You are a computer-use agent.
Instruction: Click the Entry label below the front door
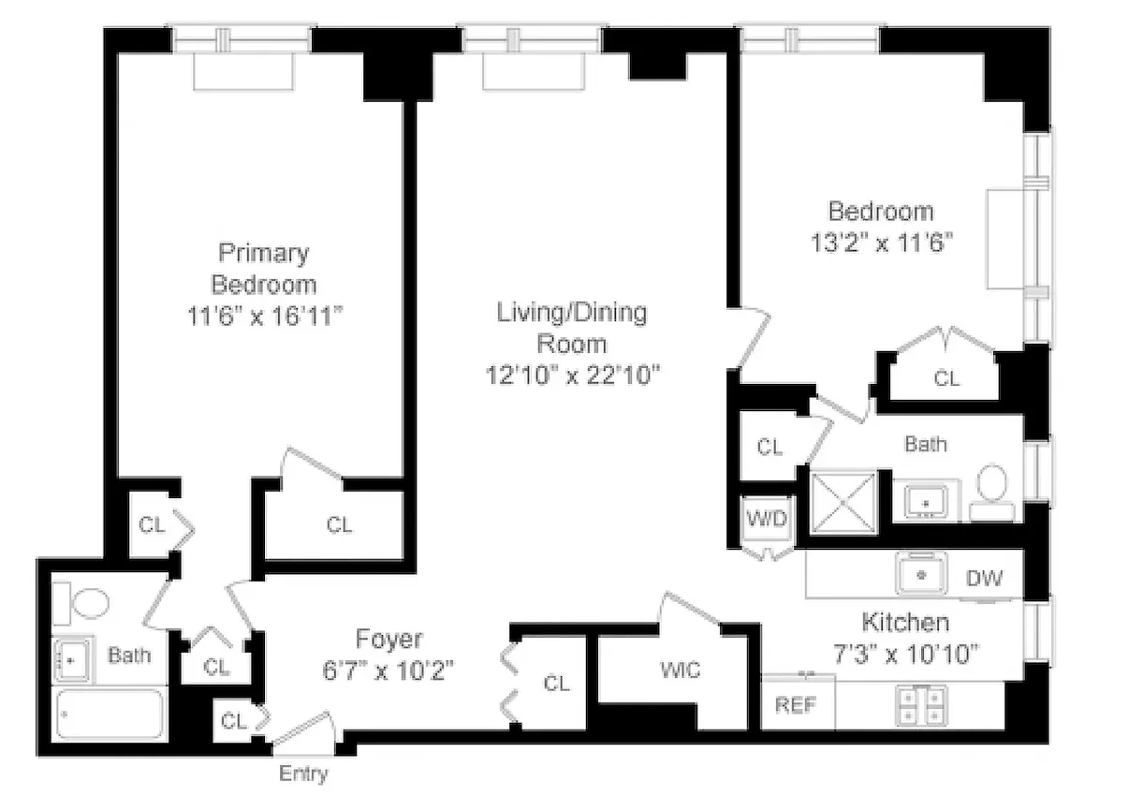pyautogui.click(x=304, y=774)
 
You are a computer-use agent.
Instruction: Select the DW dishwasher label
pyautogui.click(x=984, y=578)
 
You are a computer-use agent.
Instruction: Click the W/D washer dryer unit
pyautogui.click(x=767, y=518)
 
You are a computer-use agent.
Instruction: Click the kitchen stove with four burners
pyautogui.click(x=921, y=704)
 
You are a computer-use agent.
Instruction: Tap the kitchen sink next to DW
pyautogui.click(x=921, y=573)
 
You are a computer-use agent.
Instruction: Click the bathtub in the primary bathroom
pyautogui.click(x=110, y=715)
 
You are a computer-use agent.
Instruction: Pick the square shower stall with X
pyautogui.click(x=843, y=502)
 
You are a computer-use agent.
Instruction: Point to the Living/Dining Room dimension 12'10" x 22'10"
pyautogui.click(x=572, y=375)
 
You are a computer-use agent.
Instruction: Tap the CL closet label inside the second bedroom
pyautogui.click(x=946, y=378)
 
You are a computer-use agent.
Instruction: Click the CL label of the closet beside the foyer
pyautogui.click(x=556, y=684)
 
